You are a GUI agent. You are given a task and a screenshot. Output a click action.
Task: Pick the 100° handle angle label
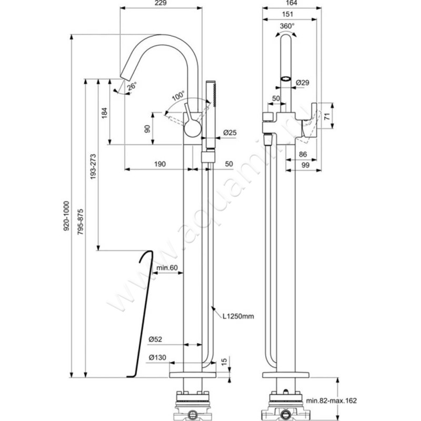tap(178, 97)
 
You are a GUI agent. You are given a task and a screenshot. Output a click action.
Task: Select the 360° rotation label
tap(287, 26)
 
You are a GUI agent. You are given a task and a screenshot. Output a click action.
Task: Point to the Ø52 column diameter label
tap(156, 338)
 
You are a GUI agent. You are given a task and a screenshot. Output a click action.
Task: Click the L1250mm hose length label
tap(238, 316)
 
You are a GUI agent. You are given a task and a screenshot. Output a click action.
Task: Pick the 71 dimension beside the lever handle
tap(326, 116)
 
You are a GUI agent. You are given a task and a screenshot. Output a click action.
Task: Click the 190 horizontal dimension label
tap(161, 164)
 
